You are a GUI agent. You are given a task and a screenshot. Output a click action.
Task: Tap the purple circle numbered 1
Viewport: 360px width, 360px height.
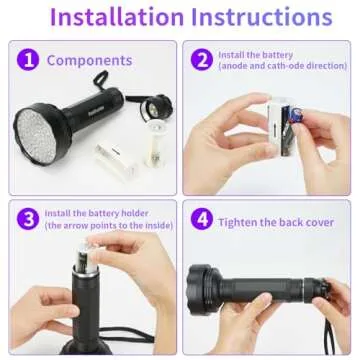pos(28,60)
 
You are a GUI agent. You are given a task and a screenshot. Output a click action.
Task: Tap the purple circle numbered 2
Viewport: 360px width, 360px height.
pos(201,60)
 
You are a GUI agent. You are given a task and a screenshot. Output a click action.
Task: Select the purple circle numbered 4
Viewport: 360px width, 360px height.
pos(201,217)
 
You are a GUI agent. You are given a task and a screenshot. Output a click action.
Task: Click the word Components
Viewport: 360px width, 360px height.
pos(89,60)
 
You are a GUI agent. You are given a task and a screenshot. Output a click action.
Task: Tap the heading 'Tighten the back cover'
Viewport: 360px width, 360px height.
pos(275,218)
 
